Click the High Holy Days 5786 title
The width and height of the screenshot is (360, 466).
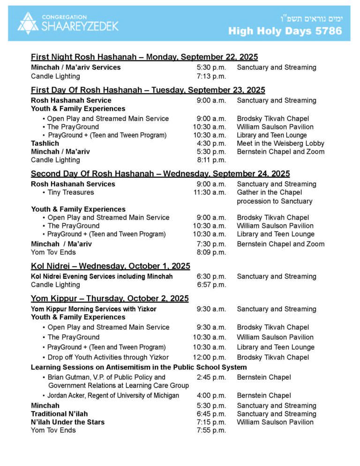pos(285,31)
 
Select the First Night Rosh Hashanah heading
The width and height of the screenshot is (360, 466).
pos(144,57)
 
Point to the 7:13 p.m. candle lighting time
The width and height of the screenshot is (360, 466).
pos(211,76)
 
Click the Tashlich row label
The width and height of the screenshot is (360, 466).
pos(45,143)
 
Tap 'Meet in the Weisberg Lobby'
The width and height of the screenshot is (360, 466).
pos(280,143)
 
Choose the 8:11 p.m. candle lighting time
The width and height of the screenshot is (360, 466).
pos(211,160)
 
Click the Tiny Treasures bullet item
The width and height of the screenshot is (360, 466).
pos(71,192)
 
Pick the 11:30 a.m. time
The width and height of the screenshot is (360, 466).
pos(210,192)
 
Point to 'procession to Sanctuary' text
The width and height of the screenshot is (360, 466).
pos(274,201)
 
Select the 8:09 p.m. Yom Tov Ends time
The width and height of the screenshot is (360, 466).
pos(211,252)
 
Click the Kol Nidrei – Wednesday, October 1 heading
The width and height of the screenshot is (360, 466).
pos(111,266)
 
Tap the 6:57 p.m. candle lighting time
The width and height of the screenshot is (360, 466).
pos(211,285)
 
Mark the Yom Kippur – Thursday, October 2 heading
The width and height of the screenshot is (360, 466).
pos(110,299)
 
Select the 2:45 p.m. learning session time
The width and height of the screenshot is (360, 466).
pos(211,377)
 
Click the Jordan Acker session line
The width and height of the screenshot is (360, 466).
pos(113,395)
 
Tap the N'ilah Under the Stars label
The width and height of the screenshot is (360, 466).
pos(67,422)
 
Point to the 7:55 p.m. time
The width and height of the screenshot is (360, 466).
pos(211,430)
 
